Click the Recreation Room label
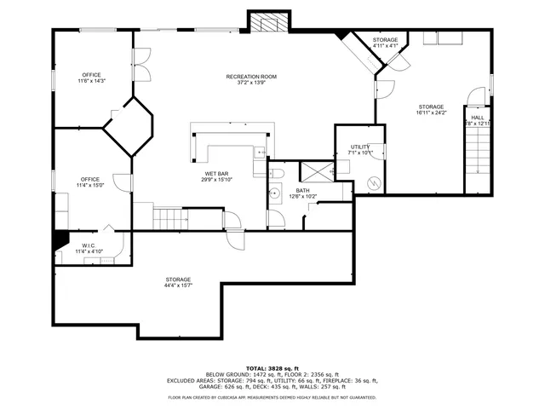click(x=251, y=78)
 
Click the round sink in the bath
click(x=275, y=193)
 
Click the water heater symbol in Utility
click(x=372, y=182)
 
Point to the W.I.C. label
click(x=88, y=245)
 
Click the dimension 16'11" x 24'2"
click(x=431, y=112)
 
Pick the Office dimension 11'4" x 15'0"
click(x=90, y=185)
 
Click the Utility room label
click(x=360, y=147)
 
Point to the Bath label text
click(x=302, y=190)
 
